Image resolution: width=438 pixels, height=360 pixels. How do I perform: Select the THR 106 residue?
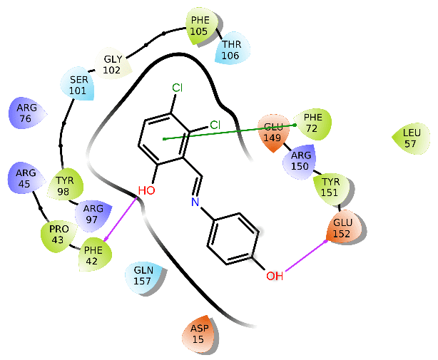pyautogui.click(x=232, y=50)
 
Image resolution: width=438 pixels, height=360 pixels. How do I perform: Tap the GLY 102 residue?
pyautogui.click(x=113, y=65)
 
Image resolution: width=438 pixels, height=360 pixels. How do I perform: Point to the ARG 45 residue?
pyautogui.click(x=26, y=178)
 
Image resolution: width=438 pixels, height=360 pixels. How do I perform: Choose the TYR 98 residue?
pyautogui.click(x=65, y=185)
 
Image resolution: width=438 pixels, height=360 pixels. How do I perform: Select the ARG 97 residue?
pyautogui.click(x=93, y=213)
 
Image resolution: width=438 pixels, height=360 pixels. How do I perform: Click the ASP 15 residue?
pyautogui.click(x=198, y=333)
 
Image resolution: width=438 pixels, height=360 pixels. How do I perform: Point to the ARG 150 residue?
pyautogui.click(x=300, y=162)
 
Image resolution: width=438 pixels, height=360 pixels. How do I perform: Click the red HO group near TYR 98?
pyautogui.click(x=146, y=190)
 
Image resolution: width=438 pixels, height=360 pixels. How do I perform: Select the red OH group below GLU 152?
pyautogui.click(x=275, y=274)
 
